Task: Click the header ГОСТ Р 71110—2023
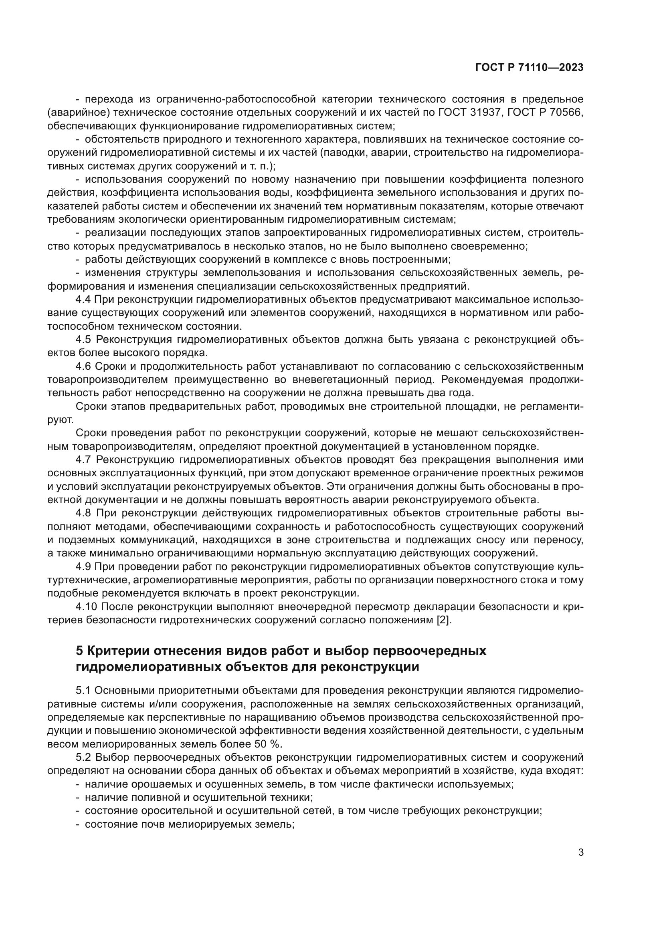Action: click(529, 68)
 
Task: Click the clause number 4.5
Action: click(83, 340)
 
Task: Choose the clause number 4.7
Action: click(83, 459)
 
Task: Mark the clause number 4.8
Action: click(83, 513)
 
